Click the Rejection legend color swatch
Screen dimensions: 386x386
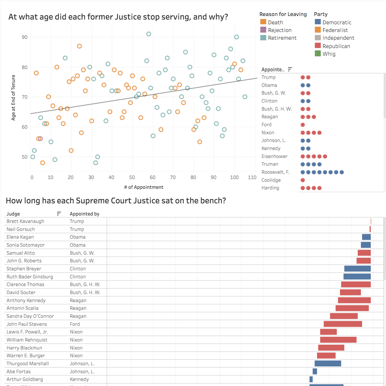(263, 30)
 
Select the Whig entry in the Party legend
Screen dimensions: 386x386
(329, 54)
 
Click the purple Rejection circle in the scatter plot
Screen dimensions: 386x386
(41, 139)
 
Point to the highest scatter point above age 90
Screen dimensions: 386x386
(149, 34)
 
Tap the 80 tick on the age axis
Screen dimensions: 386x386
(25, 67)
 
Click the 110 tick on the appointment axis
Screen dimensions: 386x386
(252, 177)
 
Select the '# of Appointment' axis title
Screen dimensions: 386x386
(143, 187)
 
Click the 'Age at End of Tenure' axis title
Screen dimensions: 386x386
(13, 98)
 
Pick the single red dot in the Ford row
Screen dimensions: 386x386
(303, 125)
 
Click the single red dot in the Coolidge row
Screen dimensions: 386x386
(303, 180)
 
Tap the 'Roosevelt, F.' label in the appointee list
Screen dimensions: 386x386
(275, 172)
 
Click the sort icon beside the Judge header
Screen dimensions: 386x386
(59, 214)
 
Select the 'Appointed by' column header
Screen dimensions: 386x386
(84, 214)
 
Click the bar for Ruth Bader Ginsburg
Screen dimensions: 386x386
(357, 277)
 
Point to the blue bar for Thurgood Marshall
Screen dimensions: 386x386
(328, 363)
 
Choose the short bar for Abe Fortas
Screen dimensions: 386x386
(315, 371)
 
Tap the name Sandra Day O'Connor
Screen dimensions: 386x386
(30, 316)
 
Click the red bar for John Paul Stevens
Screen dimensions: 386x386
(343, 324)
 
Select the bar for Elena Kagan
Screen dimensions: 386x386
(366, 237)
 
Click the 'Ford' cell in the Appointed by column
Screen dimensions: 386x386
(75, 324)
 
